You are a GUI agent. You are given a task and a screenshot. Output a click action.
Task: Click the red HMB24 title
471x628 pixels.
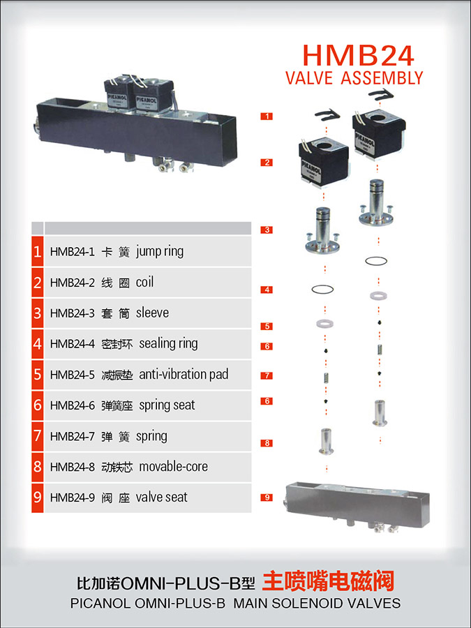click(x=358, y=55)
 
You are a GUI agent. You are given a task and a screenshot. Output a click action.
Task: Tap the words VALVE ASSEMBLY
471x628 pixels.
click(x=354, y=77)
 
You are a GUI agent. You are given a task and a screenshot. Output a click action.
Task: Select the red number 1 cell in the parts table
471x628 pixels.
click(x=37, y=251)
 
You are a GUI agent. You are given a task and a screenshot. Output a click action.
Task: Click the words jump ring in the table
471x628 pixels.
click(x=160, y=252)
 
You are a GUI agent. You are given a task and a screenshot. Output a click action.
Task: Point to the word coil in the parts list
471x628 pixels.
click(x=144, y=282)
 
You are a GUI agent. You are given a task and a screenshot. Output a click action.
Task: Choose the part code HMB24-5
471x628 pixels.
click(x=72, y=375)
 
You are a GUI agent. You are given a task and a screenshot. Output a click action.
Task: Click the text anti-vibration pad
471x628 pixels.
click(x=184, y=374)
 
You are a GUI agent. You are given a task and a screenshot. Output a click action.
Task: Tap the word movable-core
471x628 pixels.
click(x=174, y=466)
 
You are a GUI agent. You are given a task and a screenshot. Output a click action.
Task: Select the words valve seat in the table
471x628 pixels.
click(x=161, y=497)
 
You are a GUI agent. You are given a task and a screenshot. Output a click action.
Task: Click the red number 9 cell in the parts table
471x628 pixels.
click(x=37, y=498)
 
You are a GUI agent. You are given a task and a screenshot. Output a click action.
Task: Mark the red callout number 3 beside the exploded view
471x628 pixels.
click(x=267, y=230)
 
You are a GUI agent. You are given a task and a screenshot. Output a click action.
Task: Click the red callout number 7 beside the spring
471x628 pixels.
click(x=267, y=375)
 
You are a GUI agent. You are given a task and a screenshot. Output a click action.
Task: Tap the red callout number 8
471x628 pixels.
click(x=267, y=443)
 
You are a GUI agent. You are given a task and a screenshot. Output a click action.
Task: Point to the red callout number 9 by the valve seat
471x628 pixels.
click(x=267, y=498)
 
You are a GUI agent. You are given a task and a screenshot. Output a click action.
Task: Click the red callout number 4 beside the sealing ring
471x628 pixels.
click(x=267, y=290)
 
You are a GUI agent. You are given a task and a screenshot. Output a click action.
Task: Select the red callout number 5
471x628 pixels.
click(x=267, y=326)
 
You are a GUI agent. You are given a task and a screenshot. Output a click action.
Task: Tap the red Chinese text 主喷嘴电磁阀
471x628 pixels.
click(x=328, y=581)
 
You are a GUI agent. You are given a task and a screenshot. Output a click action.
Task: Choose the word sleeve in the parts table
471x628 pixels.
click(x=152, y=313)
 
